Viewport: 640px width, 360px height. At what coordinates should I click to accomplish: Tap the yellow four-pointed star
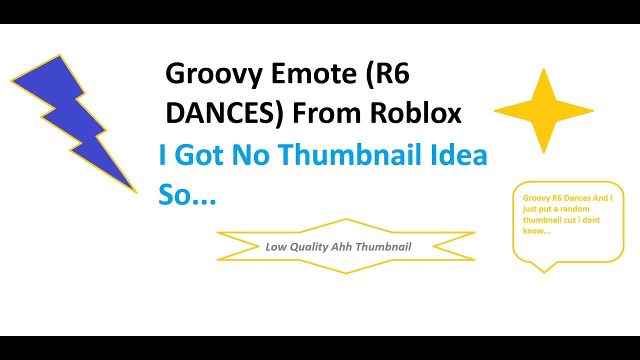[x=543, y=111]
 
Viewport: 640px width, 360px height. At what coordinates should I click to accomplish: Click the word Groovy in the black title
[x=213, y=75]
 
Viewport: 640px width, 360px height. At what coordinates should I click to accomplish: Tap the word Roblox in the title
[x=416, y=114]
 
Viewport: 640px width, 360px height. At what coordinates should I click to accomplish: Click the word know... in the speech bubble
[x=536, y=231]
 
